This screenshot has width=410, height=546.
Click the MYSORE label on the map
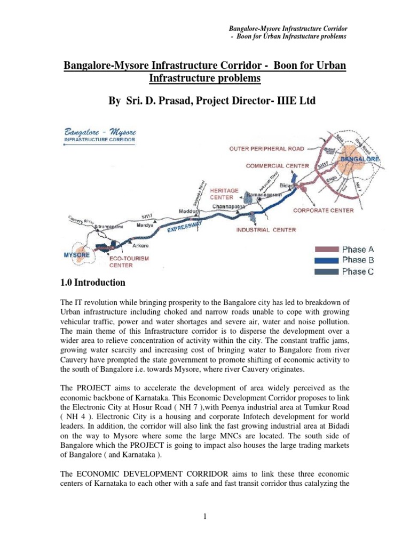coord(74,255)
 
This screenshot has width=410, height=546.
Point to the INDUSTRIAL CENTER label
coord(266,230)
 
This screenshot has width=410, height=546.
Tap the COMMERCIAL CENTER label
coord(277,166)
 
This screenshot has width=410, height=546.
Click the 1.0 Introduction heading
coord(93,283)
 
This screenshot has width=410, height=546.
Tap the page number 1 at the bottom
coord(205,517)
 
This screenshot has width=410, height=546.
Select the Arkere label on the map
coord(140,246)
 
